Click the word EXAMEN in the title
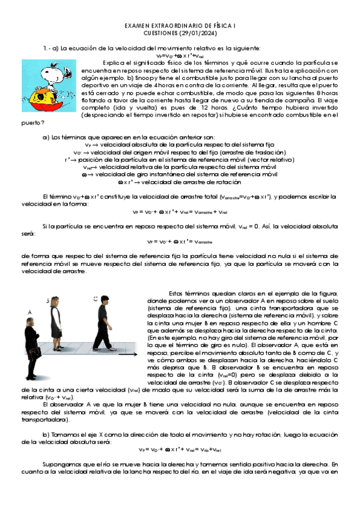point(139,27)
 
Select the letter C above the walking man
point(96,298)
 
